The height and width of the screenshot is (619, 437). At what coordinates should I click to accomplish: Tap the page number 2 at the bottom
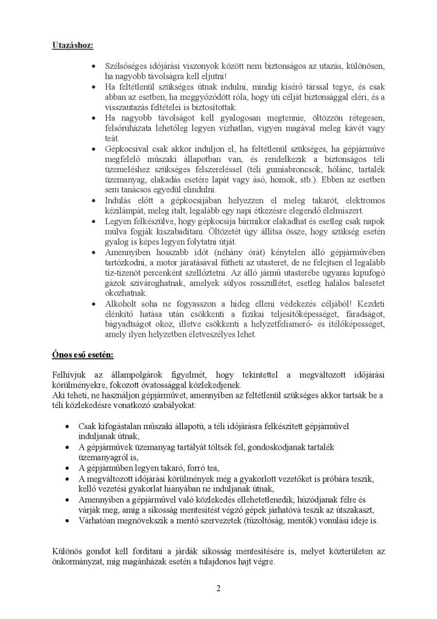[218, 588]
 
